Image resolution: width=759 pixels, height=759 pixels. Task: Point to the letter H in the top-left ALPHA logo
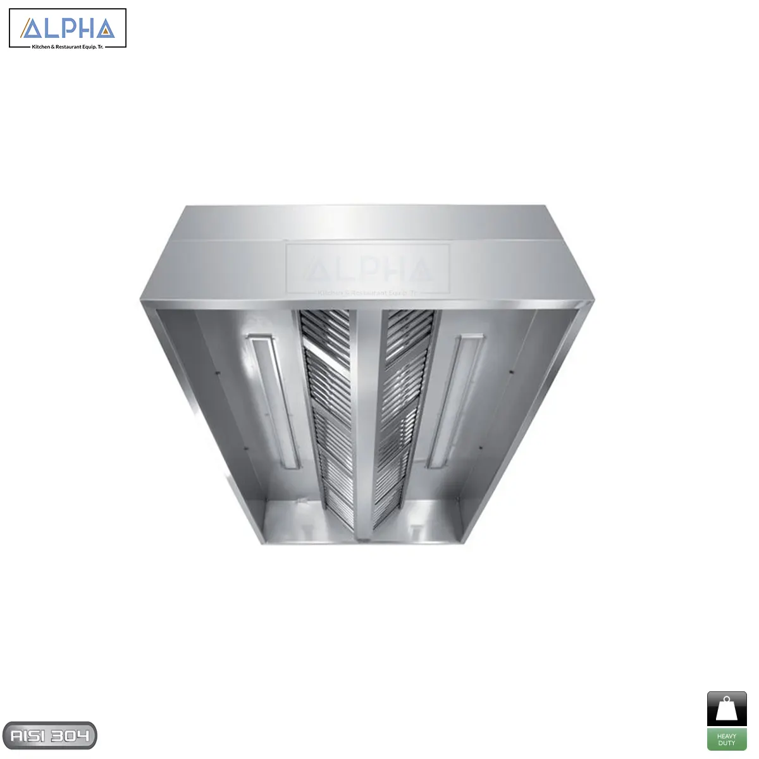click(85, 28)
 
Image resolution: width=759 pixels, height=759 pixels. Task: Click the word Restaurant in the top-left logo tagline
click(69, 47)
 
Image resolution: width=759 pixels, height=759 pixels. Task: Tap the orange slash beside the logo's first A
click(25, 29)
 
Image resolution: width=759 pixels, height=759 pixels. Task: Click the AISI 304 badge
click(49, 736)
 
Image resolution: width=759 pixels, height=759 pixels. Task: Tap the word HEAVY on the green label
click(727, 736)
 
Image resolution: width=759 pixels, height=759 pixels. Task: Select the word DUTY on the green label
click(727, 743)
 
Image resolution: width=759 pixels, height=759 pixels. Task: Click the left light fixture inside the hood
click(273, 402)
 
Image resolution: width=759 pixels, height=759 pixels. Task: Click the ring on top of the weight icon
click(727, 699)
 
